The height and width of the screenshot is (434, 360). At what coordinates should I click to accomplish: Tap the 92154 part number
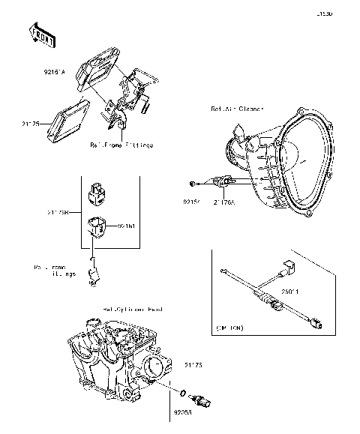point(192,201)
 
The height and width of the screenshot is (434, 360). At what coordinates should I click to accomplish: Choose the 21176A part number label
point(224,201)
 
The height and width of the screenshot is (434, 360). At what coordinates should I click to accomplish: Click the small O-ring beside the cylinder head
point(184,391)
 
